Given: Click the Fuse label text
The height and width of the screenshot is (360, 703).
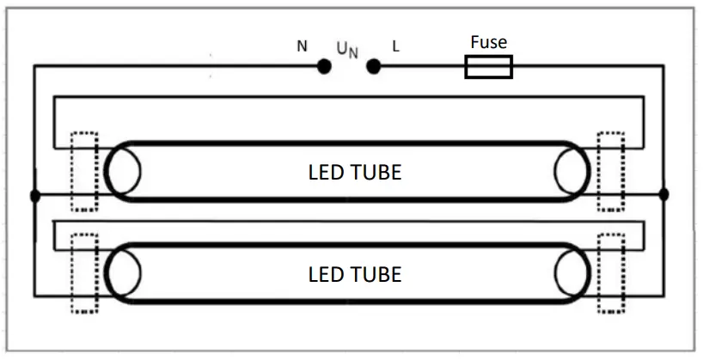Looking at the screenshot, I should tap(488, 42).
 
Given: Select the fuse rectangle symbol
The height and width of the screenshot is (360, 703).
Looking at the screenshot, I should tap(488, 67).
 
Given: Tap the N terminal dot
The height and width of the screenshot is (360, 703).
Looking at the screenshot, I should tap(324, 66).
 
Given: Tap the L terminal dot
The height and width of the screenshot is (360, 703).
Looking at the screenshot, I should tap(373, 66).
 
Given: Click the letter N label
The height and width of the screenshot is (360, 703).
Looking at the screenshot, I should tap(302, 46).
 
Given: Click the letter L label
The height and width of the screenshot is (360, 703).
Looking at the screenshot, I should tap(395, 46).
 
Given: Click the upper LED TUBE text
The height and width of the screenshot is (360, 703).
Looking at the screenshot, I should tap(354, 172).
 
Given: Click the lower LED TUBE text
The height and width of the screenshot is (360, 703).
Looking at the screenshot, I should tap(354, 274).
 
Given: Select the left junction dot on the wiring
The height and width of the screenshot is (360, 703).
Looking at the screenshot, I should tap(34, 196).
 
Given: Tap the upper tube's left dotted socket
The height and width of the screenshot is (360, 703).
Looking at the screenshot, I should tap(84, 171).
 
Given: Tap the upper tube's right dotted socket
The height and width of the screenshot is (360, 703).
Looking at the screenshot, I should tap(611, 171).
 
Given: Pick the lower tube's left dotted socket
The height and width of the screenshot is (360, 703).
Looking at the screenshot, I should tap(84, 273).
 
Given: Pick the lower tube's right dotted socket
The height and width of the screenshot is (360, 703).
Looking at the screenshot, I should tap(611, 273).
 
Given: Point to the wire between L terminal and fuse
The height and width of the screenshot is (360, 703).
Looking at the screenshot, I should tap(421, 66).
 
